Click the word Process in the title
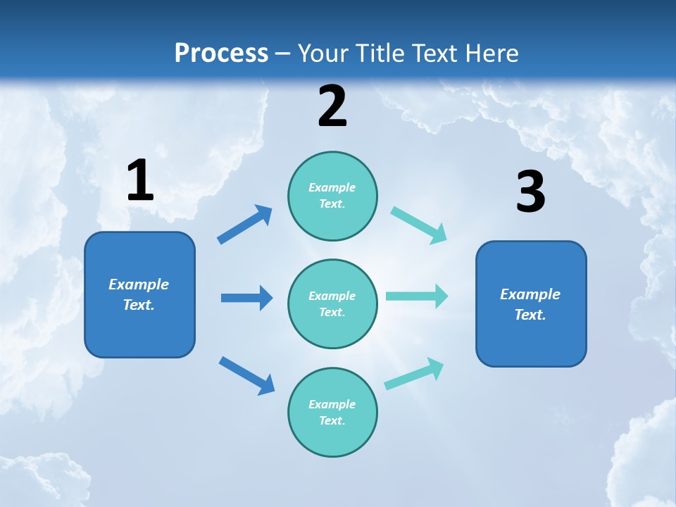pos(221,53)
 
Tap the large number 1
pos(140,180)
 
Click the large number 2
pos(332,106)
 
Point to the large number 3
pos(530,192)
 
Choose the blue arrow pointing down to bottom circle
pos(246,375)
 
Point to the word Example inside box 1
pos(139,284)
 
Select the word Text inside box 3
pos(529,315)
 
